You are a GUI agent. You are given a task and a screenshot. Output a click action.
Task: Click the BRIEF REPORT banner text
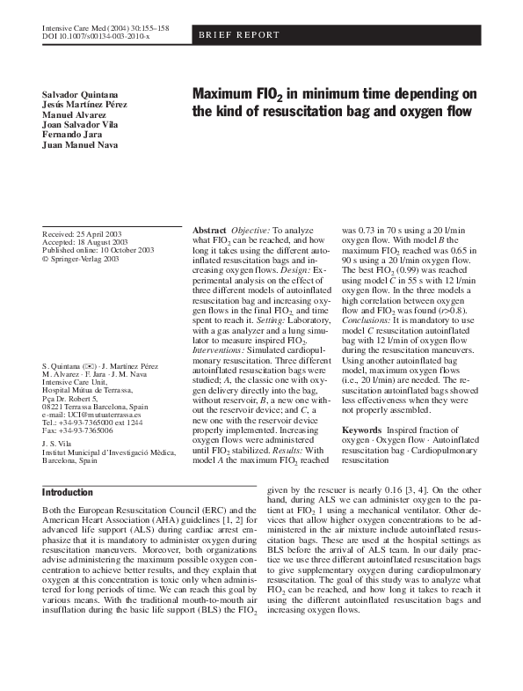click(x=238, y=35)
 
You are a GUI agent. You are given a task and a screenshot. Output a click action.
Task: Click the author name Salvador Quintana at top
click(x=78, y=94)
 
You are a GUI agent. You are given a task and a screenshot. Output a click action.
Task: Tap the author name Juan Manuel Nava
click(x=80, y=145)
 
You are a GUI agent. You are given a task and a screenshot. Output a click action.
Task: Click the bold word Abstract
click(x=209, y=230)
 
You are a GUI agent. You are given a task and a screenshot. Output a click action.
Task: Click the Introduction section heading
click(x=68, y=493)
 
